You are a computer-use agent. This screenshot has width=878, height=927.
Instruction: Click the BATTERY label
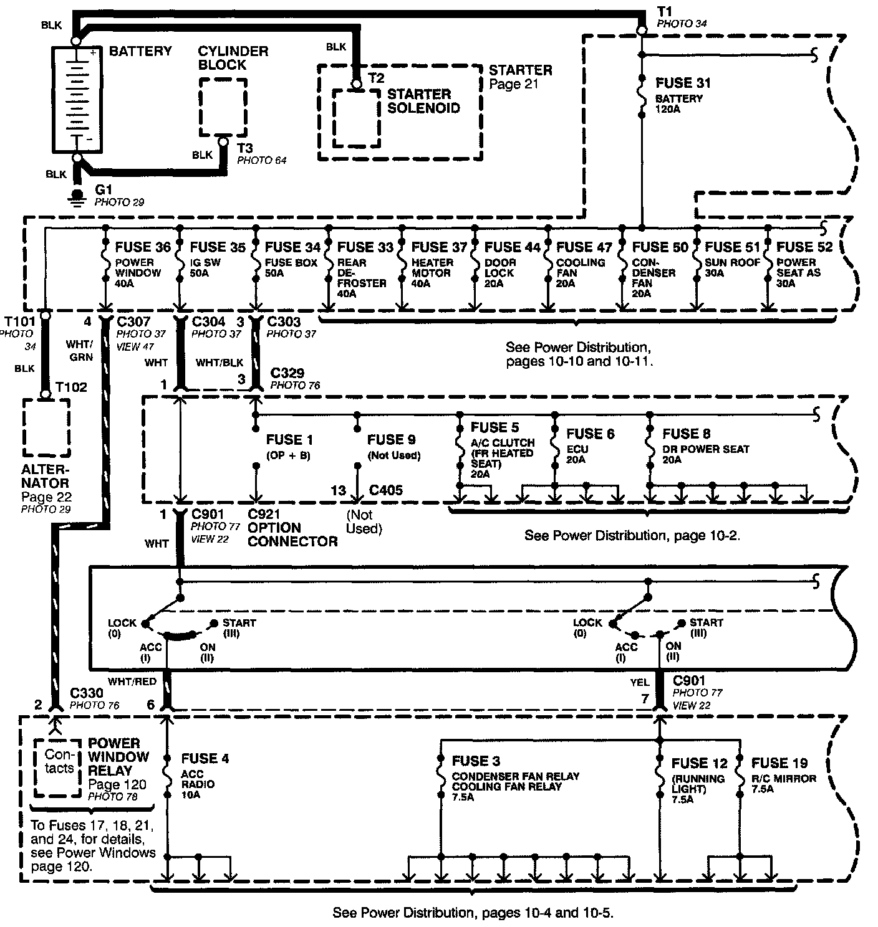tap(140, 51)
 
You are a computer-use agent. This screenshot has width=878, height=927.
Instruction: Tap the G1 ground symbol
tap(77, 196)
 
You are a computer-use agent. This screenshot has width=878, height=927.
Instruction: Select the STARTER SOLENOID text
tap(423, 101)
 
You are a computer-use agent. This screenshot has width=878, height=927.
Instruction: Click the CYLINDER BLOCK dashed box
tap(223, 107)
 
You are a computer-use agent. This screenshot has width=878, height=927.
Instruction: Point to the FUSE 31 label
tap(683, 83)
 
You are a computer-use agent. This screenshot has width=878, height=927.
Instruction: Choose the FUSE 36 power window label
tap(143, 247)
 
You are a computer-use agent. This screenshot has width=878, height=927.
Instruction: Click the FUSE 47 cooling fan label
tap(584, 247)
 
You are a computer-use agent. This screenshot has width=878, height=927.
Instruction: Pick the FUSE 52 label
tap(804, 247)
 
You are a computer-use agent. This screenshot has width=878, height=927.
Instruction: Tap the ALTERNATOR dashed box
tap(46, 428)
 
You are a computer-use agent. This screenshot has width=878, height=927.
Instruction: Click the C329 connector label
tap(287, 373)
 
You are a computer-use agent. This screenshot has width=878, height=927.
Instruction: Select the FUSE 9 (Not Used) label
tap(392, 440)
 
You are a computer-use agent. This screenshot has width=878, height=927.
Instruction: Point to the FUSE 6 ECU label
tap(590, 434)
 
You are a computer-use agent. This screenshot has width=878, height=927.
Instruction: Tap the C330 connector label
tap(87, 693)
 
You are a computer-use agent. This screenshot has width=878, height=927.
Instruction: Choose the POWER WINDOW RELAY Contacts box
tap(58, 768)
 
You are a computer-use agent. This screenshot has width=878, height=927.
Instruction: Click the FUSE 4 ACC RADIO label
tap(205, 759)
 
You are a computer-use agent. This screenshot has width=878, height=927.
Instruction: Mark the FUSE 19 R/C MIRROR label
tap(779, 763)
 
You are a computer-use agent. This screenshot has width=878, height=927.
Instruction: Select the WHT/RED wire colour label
tap(132, 682)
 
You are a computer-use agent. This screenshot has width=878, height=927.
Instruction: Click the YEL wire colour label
tap(639, 683)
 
